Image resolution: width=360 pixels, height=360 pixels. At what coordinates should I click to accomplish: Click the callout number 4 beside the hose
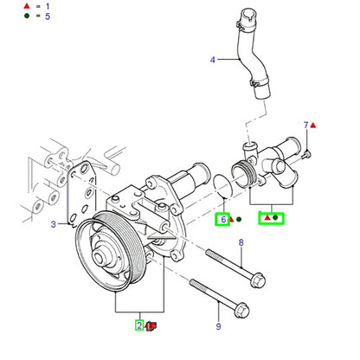(x=213, y=60)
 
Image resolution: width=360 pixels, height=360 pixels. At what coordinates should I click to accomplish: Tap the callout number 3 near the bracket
(x=54, y=224)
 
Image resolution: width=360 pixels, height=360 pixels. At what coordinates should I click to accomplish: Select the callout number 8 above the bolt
(x=241, y=242)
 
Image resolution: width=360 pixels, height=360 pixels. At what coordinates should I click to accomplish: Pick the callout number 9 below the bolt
(x=219, y=326)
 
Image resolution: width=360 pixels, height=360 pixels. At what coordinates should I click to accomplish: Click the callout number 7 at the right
(x=306, y=125)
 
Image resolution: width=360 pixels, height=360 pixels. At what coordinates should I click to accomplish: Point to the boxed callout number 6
(x=223, y=220)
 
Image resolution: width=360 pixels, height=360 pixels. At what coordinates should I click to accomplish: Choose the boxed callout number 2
(x=139, y=325)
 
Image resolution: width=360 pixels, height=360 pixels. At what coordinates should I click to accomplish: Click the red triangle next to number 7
(x=313, y=125)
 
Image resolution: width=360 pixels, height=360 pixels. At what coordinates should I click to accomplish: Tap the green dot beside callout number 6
(x=239, y=220)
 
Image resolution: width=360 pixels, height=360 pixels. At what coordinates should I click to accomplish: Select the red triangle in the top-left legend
(x=27, y=6)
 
